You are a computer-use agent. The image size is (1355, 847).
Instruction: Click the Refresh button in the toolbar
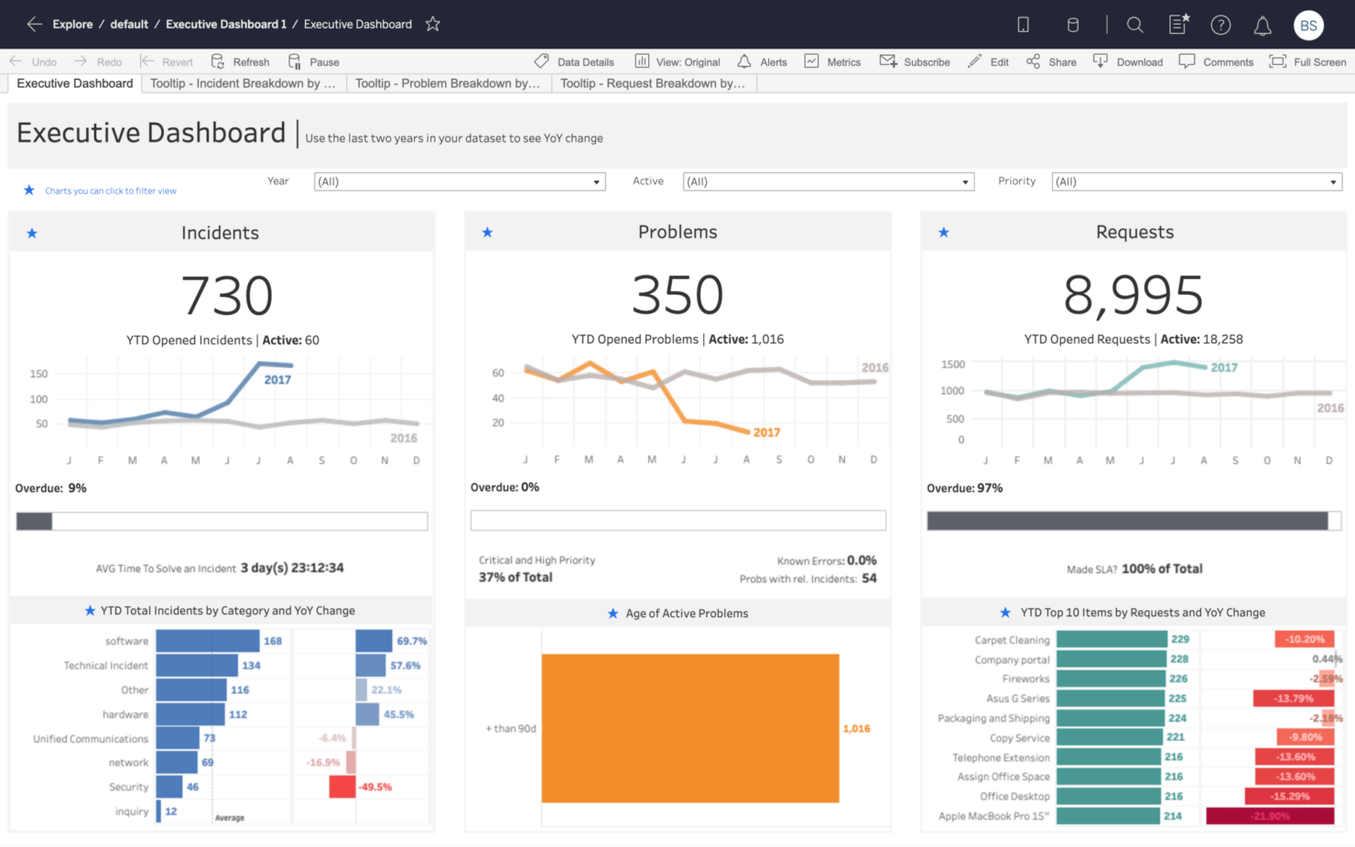[x=241, y=62]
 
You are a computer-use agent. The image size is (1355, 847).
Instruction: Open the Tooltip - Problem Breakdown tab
[x=448, y=83]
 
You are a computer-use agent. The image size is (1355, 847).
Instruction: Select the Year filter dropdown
[x=459, y=181]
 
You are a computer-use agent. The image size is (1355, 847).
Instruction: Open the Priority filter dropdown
[x=1196, y=181]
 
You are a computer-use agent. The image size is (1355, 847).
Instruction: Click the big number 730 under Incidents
[x=227, y=296]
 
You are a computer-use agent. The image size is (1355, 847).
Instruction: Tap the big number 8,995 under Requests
[x=1133, y=295]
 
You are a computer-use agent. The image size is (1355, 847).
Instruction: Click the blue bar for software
[x=207, y=641]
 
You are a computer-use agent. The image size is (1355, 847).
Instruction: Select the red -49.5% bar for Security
[x=342, y=787]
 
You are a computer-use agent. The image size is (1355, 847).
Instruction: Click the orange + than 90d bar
[x=690, y=728]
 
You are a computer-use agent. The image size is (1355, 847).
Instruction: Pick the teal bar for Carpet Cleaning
[x=1111, y=639]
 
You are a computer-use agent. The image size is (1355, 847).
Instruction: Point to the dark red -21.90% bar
[x=1270, y=816]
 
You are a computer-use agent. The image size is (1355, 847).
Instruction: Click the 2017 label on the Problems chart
[x=766, y=432]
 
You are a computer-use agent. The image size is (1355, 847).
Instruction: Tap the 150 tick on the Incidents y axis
[x=38, y=374]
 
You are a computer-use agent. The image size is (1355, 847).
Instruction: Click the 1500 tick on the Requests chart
[x=953, y=364]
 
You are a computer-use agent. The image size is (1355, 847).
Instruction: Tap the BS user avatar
[x=1308, y=26]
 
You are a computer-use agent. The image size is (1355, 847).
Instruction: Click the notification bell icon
[x=1262, y=26]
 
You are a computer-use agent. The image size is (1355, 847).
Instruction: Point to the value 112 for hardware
[x=238, y=714]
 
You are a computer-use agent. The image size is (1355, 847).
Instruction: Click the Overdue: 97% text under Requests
[x=964, y=488]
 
